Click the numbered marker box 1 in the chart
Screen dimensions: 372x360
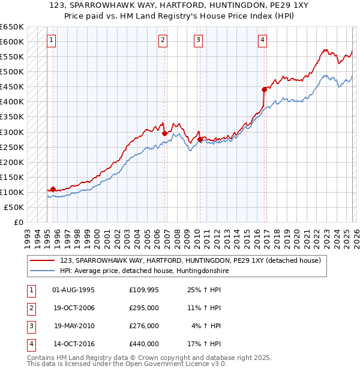[x=52, y=40]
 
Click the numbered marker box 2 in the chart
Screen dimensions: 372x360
[x=163, y=40]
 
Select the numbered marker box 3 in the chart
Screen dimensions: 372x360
[x=199, y=40]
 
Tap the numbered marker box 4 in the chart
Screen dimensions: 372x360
[x=263, y=40]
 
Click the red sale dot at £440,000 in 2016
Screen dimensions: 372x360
[x=263, y=89]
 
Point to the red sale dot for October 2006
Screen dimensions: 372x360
[x=164, y=133]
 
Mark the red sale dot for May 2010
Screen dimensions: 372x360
[x=200, y=139]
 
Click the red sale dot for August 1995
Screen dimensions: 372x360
[x=53, y=189]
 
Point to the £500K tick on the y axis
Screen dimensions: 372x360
[x=12, y=71]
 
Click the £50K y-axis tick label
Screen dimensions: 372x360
[x=14, y=207]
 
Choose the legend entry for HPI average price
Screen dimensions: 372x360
[x=145, y=271]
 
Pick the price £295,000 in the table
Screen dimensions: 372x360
[x=144, y=308]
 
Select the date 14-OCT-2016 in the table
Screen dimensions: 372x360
[x=73, y=344]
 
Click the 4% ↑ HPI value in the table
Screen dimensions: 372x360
[x=206, y=326]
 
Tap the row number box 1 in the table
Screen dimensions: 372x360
[x=31, y=290]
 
